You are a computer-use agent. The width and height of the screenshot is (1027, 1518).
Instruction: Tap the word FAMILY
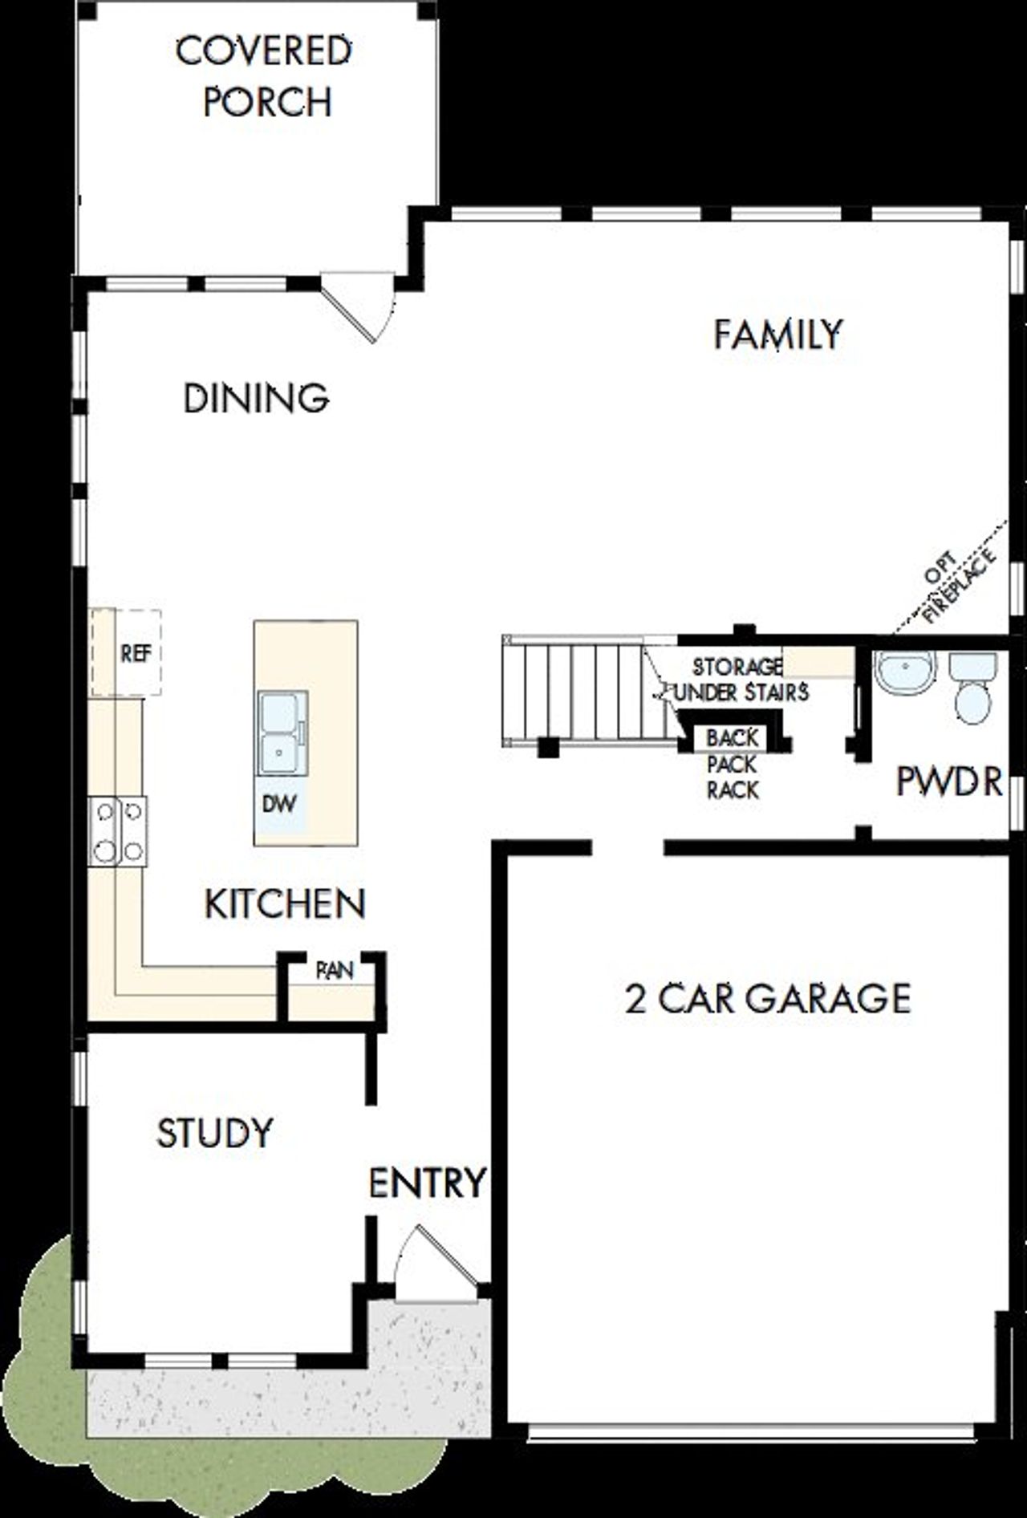777,335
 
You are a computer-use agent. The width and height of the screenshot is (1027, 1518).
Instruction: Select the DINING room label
256,398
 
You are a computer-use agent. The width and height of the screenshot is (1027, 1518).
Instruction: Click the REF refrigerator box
136,652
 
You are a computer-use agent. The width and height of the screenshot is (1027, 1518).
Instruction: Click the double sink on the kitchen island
282,734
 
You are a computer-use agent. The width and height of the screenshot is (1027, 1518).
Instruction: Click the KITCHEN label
286,904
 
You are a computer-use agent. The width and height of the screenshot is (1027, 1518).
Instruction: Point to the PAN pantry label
334,970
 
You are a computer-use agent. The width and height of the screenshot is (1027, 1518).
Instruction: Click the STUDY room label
214,1133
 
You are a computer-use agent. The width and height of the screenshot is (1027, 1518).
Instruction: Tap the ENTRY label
427,1183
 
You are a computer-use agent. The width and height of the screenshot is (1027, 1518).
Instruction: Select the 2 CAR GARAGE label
768,999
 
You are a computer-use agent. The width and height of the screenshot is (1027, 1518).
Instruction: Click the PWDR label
949,781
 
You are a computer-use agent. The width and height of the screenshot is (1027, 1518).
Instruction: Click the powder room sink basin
906,672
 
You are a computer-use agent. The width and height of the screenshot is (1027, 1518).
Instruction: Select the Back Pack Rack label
732,764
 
